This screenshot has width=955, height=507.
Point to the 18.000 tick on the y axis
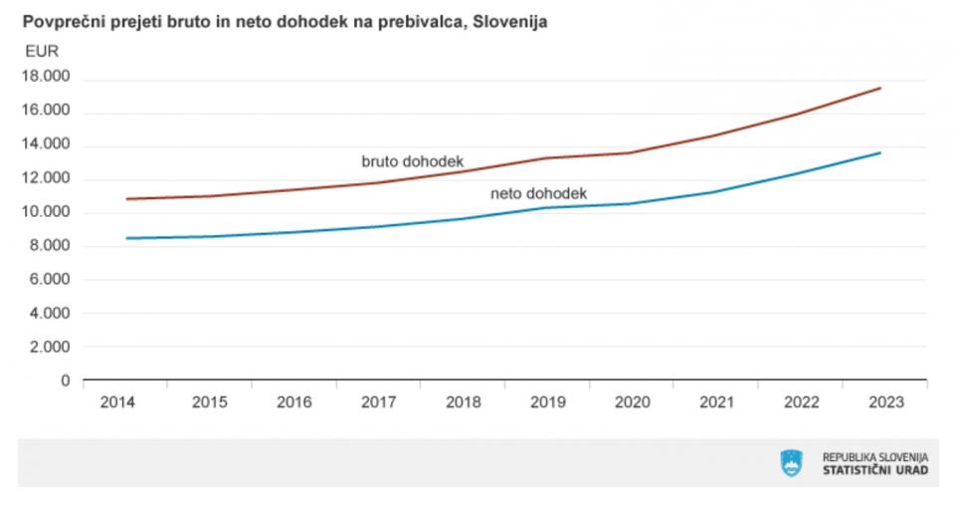point(45,78)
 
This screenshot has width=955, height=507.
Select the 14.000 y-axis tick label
point(45,144)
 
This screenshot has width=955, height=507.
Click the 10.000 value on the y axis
point(45,212)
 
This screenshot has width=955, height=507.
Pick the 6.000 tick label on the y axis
point(49,280)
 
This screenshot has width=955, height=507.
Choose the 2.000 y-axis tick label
point(49,347)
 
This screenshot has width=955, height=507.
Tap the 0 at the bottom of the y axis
point(66,380)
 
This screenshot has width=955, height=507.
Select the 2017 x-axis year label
point(379,402)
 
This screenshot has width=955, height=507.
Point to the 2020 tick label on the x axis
point(632,402)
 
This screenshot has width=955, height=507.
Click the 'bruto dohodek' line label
point(412,160)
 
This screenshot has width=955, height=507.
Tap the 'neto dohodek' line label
point(539,193)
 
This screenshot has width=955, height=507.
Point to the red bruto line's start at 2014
point(126,199)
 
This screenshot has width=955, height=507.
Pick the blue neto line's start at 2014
point(126,238)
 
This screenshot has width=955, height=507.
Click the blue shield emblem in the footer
point(792,463)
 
